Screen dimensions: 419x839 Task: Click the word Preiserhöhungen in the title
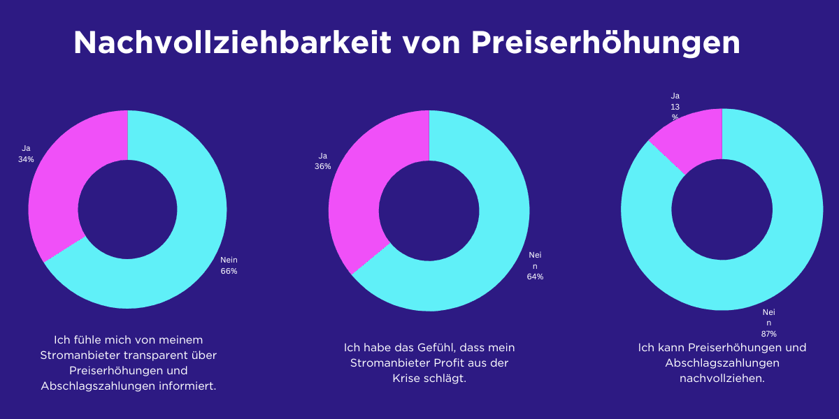tap(605, 43)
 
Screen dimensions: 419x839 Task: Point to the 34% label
tap(26, 159)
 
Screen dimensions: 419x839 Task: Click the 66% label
tap(229, 271)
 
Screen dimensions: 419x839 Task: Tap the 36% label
tap(322, 167)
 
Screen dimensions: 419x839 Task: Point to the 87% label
tap(769, 334)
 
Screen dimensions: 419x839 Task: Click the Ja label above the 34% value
tap(26, 148)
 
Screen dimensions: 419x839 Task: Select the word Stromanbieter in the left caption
tap(75, 355)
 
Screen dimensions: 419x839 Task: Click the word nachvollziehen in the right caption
tap(722, 378)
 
